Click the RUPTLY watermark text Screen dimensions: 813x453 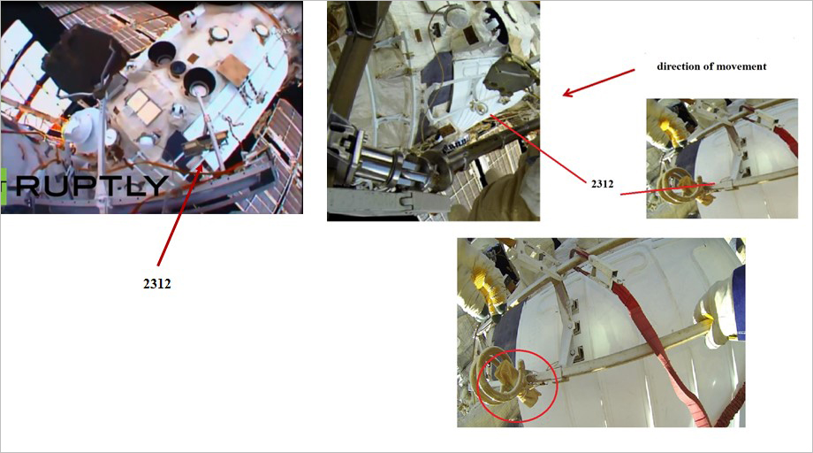tap(92, 186)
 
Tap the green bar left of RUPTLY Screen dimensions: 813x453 tap(4, 186)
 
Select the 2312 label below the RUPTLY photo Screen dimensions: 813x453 tap(157, 283)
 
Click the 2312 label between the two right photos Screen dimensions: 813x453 tap(602, 183)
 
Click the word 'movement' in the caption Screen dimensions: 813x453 tap(742, 66)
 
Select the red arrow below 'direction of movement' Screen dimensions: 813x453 tap(598, 82)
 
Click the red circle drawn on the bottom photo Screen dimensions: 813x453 tap(518, 386)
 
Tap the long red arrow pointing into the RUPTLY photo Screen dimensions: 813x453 tap(179, 217)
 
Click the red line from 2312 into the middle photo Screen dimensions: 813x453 tap(541, 147)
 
